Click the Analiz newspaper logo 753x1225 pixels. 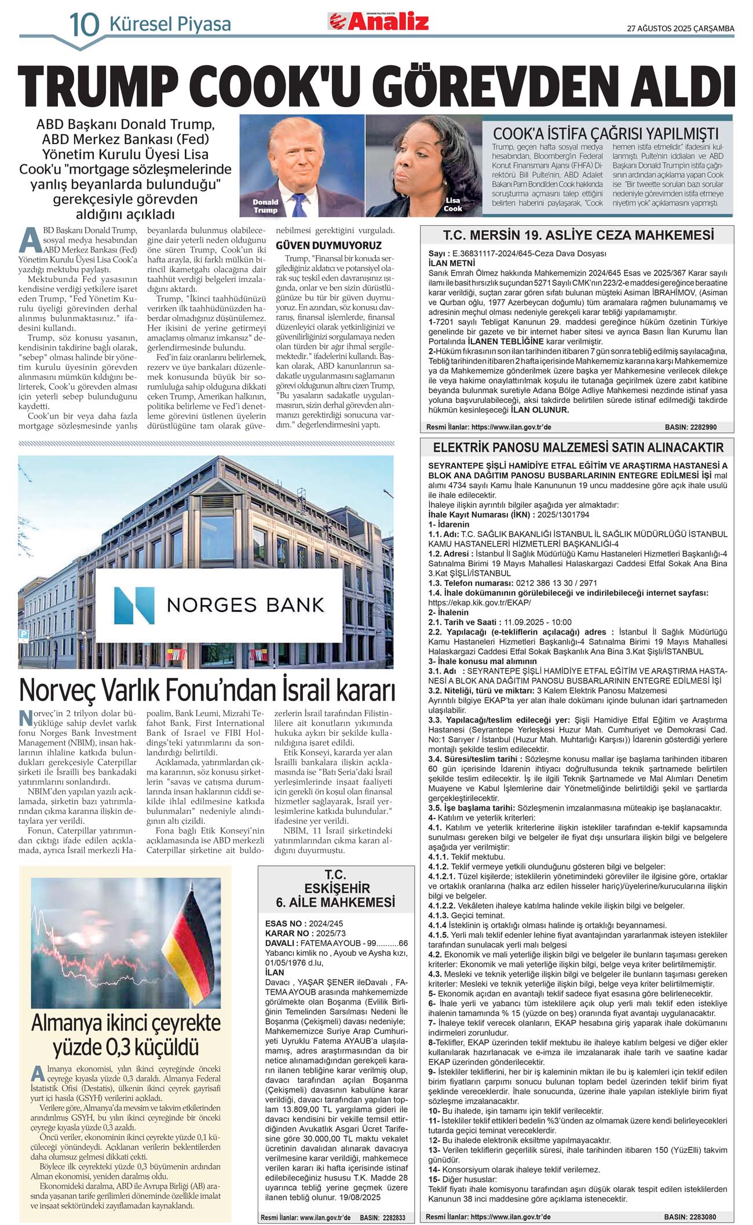(x=379, y=21)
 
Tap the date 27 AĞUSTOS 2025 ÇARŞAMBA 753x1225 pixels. (x=681, y=28)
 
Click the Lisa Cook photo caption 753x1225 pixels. (x=452, y=204)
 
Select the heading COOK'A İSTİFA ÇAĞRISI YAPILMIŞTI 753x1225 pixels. (x=605, y=133)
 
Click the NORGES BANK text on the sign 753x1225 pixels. (x=245, y=606)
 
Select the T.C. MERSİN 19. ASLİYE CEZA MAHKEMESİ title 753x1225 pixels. (x=578, y=235)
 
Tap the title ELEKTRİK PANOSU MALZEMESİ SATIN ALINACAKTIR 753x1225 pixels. (x=578, y=448)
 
